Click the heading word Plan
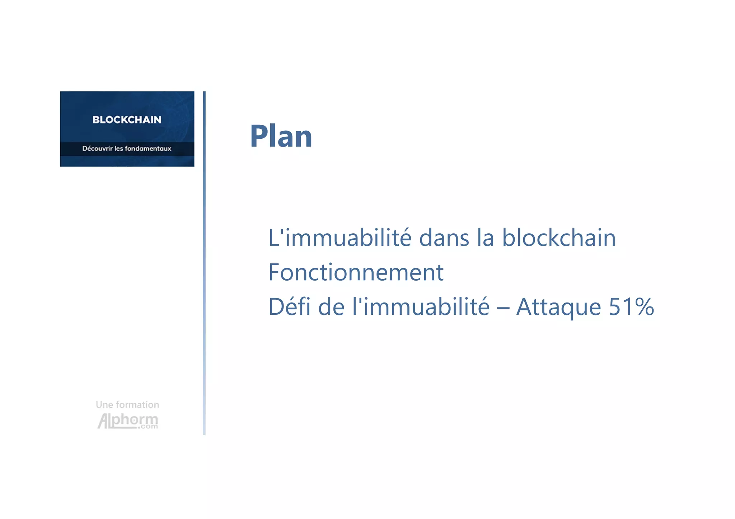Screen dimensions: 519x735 pos(281,137)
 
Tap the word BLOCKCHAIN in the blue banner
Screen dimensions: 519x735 pos(127,120)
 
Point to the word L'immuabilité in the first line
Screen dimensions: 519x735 pos(340,238)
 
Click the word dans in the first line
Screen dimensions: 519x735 pos(444,238)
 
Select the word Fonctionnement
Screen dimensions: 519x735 pos(356,272)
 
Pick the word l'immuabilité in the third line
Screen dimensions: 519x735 pos(421,307)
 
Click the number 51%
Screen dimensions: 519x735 pos(631,307)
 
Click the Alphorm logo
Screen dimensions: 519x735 pos(127,420)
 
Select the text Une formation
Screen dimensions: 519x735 pos(127,405)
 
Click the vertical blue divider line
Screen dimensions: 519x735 pos(204,263)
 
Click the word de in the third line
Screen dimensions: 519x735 pos(331,307)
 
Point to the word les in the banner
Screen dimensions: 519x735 pos(118,148)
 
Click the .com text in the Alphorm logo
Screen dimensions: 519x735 pos(149,427)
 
